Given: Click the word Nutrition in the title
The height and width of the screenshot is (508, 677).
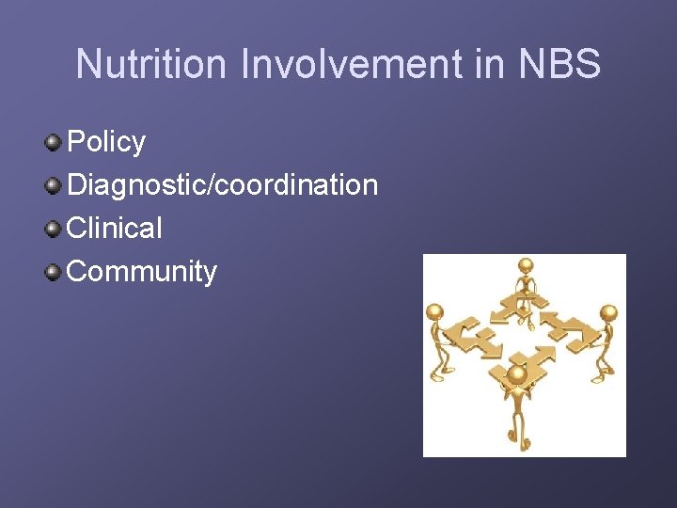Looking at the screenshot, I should pyautogui.click(x=152, y=65).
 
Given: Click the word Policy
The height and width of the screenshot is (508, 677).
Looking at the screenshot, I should pyautogui.click(x=106, y=142).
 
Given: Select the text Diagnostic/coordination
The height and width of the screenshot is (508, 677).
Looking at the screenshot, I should pyautogui.click(x=223, y=185).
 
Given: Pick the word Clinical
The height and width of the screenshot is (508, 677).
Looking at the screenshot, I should pyautogui.click(x=115, y=228).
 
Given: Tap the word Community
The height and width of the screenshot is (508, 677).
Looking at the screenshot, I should pyautogui.click(x=142, y=272).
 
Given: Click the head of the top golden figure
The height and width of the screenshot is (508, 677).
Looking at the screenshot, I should pyautogui.click(x=526, y=266).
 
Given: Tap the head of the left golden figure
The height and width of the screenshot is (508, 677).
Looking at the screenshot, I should pyautogui.click(x=433, y=312).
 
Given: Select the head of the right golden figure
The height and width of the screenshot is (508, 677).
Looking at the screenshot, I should pyautogui.click(x=608, y=312).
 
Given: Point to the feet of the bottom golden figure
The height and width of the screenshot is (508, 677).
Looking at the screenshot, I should pyautogui.click(x=516, y=444).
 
